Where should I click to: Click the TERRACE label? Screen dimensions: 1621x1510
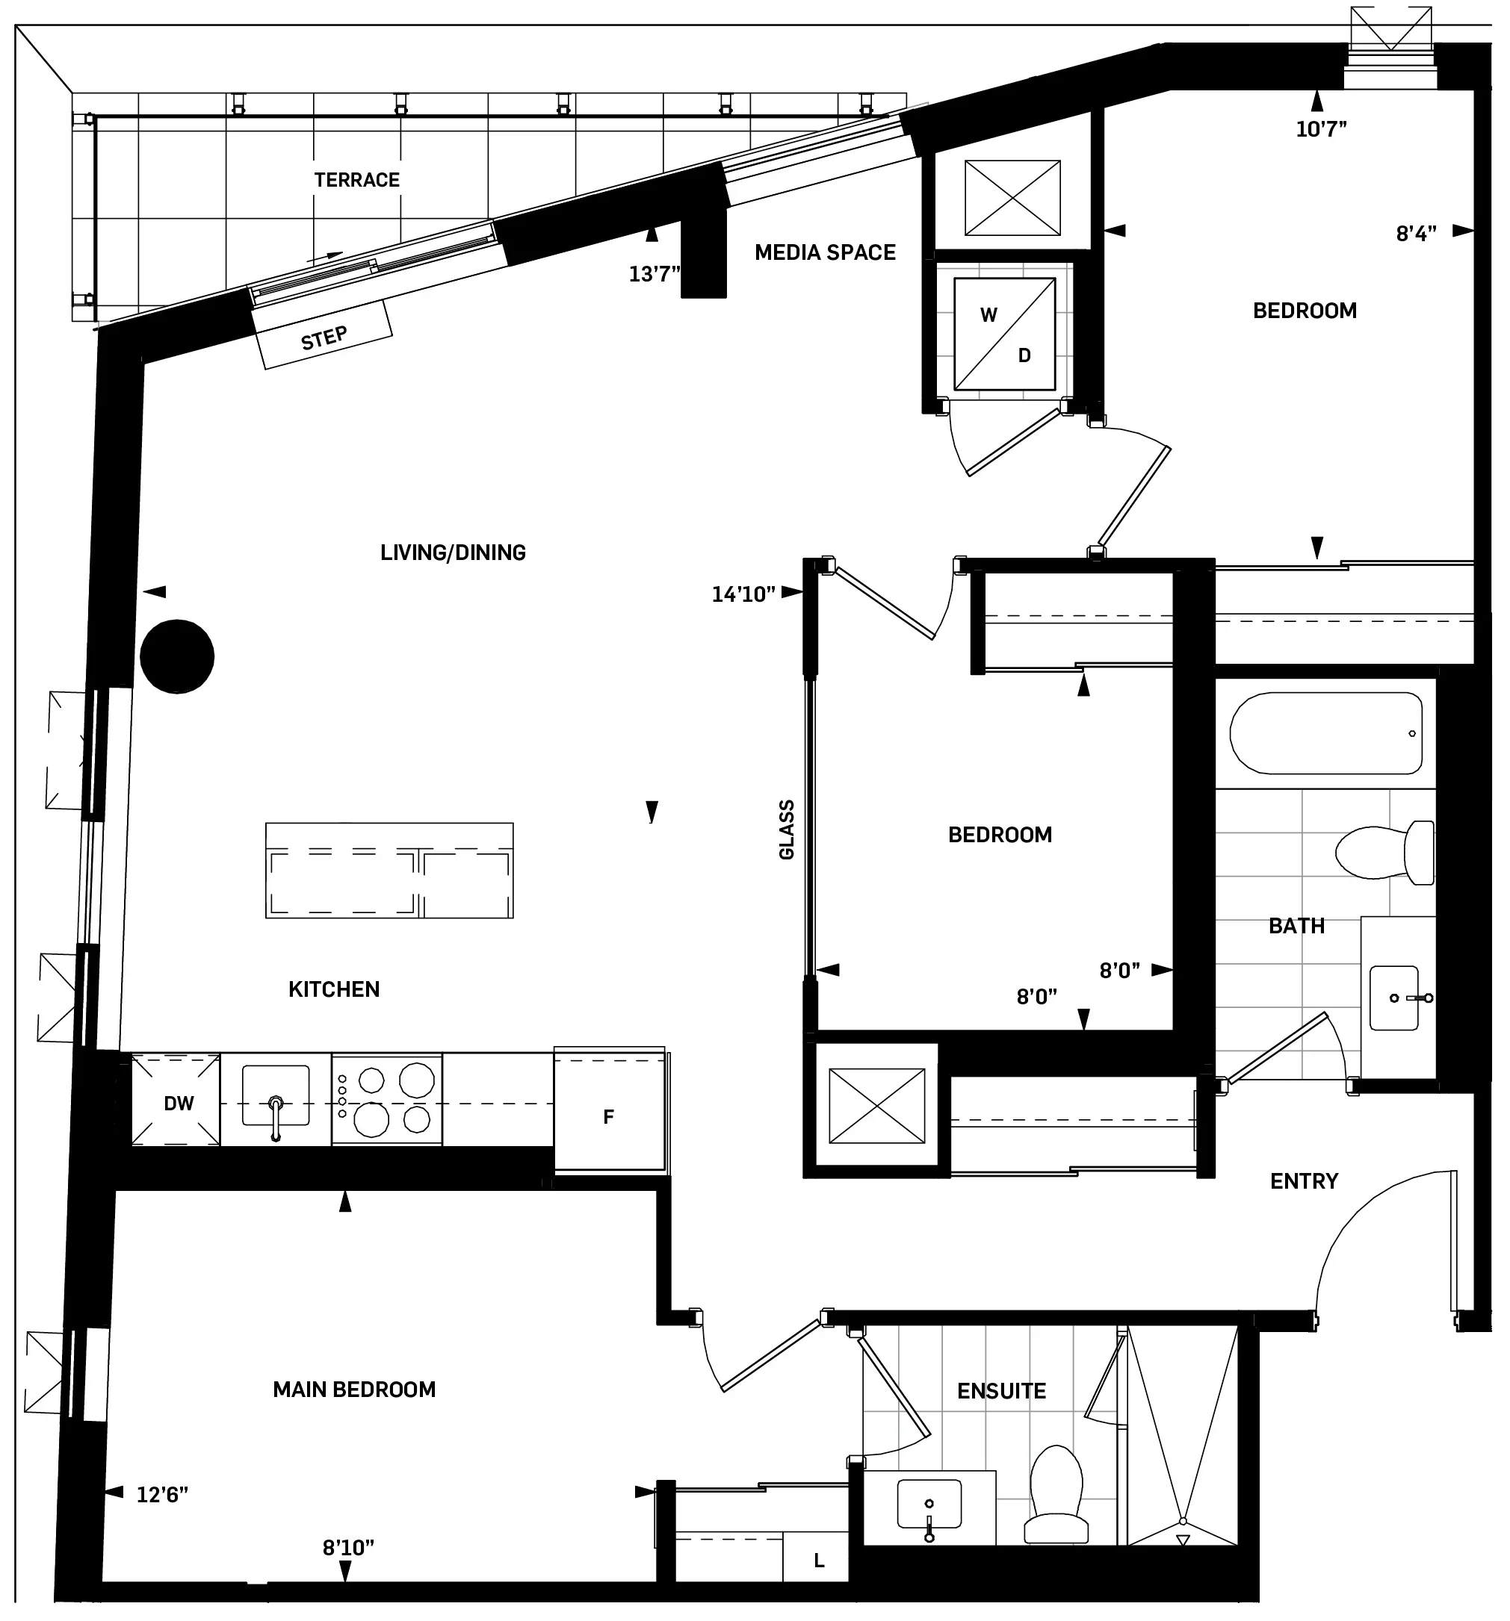pyautogui.click(x=356, y=180)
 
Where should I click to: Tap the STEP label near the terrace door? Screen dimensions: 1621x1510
pyautogui.click(x=324, y=337)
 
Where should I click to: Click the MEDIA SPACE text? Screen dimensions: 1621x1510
pyautogui.click(x=825, y=253)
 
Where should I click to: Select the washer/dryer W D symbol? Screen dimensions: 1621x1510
pyautogui.click(x=1005, y=335)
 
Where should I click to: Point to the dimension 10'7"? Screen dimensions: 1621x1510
pyautogui.click(x=1321, y=129)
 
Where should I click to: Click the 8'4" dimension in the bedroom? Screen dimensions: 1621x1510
pyautogui.click(x=1415, y=234)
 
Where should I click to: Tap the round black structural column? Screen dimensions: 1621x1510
pyautogui.click(x=177, y=656)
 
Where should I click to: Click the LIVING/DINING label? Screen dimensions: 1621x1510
pyautogui.click(x=453, y=553)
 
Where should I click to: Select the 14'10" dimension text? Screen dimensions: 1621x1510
pyautogui.click(x=743, y=594)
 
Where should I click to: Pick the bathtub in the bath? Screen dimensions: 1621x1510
pyautogui.click(x=1325, y=733)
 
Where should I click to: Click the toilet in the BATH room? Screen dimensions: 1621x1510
pyautogui.click(x=1385, y=852)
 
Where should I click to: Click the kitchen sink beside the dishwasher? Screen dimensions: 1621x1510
pyautogui.click(x=276, y=1101)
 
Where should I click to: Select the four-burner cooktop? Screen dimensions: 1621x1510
pyautogui.click(x=387, y=1100)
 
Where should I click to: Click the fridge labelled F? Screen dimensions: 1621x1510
pyautogui.click(x=609, y=1116)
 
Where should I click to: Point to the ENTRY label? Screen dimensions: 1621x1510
pyautogui.click(x=1304, y=1181)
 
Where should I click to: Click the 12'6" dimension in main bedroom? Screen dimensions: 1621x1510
pyautogui.click(x=161, y=1495)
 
